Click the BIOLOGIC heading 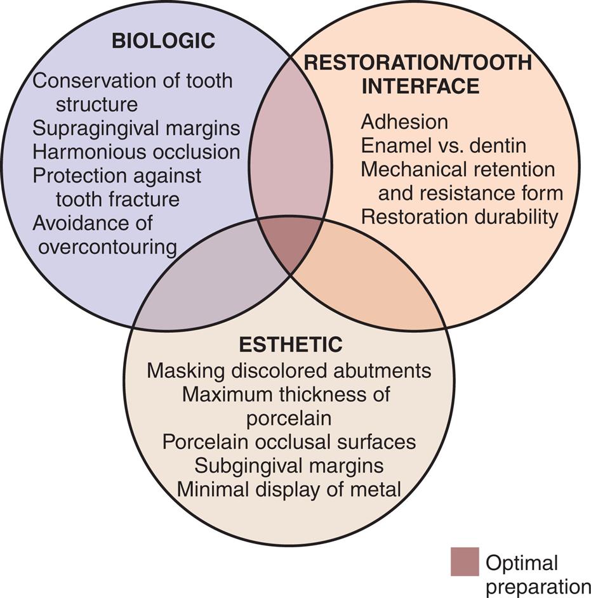[163, 42]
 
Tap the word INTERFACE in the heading [420, 86]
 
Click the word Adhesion [404, 121]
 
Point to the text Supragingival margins [136, 128]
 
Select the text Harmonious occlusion [136, 152]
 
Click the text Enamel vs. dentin [443, 145]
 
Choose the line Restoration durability [460, 217]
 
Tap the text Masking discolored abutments [289, 370]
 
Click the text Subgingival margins [289, 465]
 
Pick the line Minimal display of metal [289, 489]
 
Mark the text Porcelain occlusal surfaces [289, 441]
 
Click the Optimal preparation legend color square [465, 562]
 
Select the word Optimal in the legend [521, 562]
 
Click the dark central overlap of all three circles [291, 244]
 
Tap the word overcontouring [107, 247]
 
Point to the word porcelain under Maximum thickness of [289, 418]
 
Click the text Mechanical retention [458, 169]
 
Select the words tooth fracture [117, 200]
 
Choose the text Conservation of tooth [133, 81]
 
